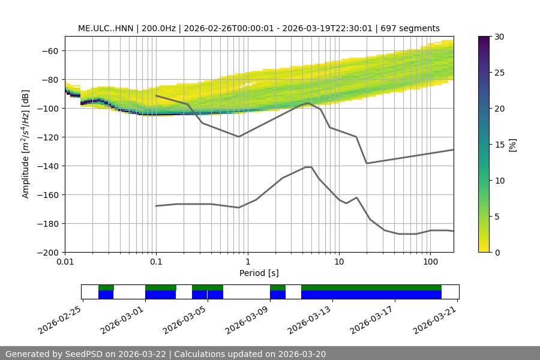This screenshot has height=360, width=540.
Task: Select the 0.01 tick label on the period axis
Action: click(x=65, y=262)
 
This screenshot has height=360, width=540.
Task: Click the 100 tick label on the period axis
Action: click(x=430, y=262)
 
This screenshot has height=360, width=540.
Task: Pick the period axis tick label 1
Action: click(x=247, y=262)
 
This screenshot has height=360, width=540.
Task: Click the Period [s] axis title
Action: click(x=259, y=273)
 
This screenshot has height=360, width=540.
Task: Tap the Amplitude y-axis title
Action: click(x=26, y=144)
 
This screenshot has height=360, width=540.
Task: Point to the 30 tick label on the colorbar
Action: click(x=499, y=37)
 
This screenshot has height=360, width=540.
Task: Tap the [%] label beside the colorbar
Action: click(x=512, y=145)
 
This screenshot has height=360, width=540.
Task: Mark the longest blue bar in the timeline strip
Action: click(x=371, y=295)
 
